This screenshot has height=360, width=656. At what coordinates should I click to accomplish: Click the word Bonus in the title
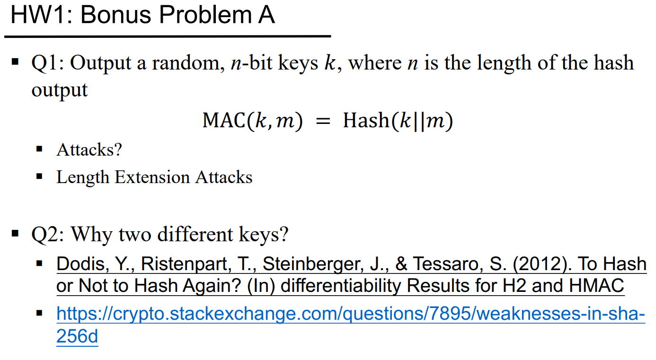pyautogui.click(x=115, y=15)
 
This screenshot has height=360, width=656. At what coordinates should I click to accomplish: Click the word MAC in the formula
pyautogui.click(x=224, y=120)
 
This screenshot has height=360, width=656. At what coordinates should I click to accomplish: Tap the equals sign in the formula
pyautogui.click(x=323, y=121)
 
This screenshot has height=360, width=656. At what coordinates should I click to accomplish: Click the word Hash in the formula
pyautogui.click(x=366, y=120)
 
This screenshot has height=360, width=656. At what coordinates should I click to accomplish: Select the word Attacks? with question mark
pyautogui.click(x=89, y=149)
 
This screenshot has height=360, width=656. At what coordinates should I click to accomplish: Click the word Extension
pyautogui.click(x=152, y=177)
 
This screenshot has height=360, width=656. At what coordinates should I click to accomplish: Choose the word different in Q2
pyautogui.click(x=195, y=234)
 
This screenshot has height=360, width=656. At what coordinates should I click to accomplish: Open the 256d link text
pyautogui.click(x=77, y=336)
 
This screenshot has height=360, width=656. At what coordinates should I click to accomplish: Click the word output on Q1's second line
pyautogui.click(x=60, y=90)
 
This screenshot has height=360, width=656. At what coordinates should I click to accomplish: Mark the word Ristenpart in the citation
pyautogui.click(x=184, y=264)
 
